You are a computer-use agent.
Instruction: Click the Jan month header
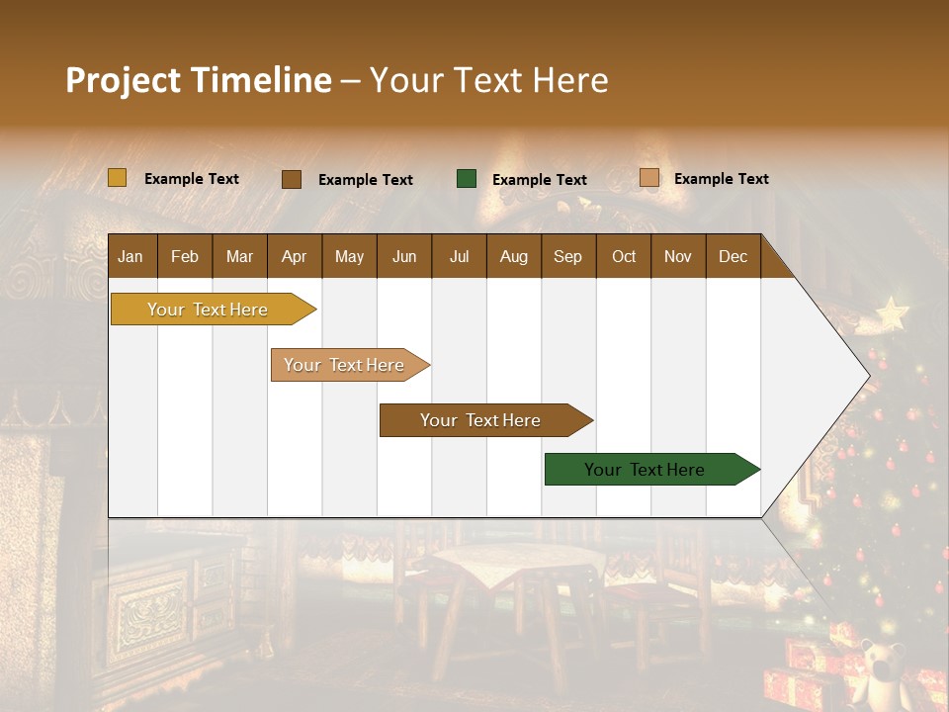pos(130,256)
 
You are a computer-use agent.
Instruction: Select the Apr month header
pos(294,256)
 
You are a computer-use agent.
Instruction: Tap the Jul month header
pos(459,256)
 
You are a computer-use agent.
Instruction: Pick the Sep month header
pos(567,256)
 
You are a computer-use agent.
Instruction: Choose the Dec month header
pos(733,256)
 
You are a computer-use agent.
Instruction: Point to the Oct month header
pos(624,256)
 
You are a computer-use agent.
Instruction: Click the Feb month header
pos(185,256)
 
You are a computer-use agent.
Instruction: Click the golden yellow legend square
pos(118,178)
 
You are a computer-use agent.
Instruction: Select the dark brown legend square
pos(292,179)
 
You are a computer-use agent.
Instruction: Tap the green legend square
pos(467,179)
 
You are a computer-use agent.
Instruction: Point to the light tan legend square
pos(649,178)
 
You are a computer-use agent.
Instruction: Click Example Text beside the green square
pos(539,180)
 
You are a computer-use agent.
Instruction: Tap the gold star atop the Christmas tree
pos(892,313)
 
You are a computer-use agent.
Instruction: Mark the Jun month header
pos(403,256)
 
